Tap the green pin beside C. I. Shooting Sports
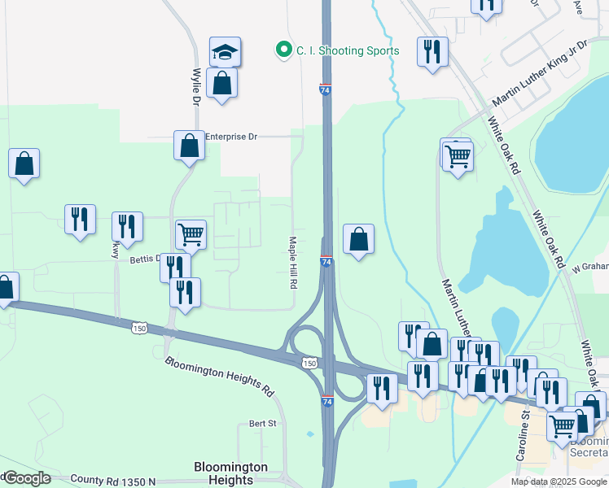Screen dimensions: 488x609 (x=283, y=50)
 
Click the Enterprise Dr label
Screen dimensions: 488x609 (x=231, y=137)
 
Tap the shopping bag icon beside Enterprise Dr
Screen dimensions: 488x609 (x=189, y=146)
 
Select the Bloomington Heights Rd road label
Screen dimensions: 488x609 (x=219, y=375)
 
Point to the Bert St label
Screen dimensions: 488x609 (x=263, y=424)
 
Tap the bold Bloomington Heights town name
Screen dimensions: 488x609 (x=231, y=473)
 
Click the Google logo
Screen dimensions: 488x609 (x=26, y=478)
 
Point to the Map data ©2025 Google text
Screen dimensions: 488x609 (x=559, y=481)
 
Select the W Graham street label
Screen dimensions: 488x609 (x=590, y=266)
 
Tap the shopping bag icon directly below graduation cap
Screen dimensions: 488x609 (x=221, y=83)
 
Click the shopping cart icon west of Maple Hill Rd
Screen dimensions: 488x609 (x=191, y=234)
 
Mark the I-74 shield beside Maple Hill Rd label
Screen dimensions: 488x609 (x=326, y=261)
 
